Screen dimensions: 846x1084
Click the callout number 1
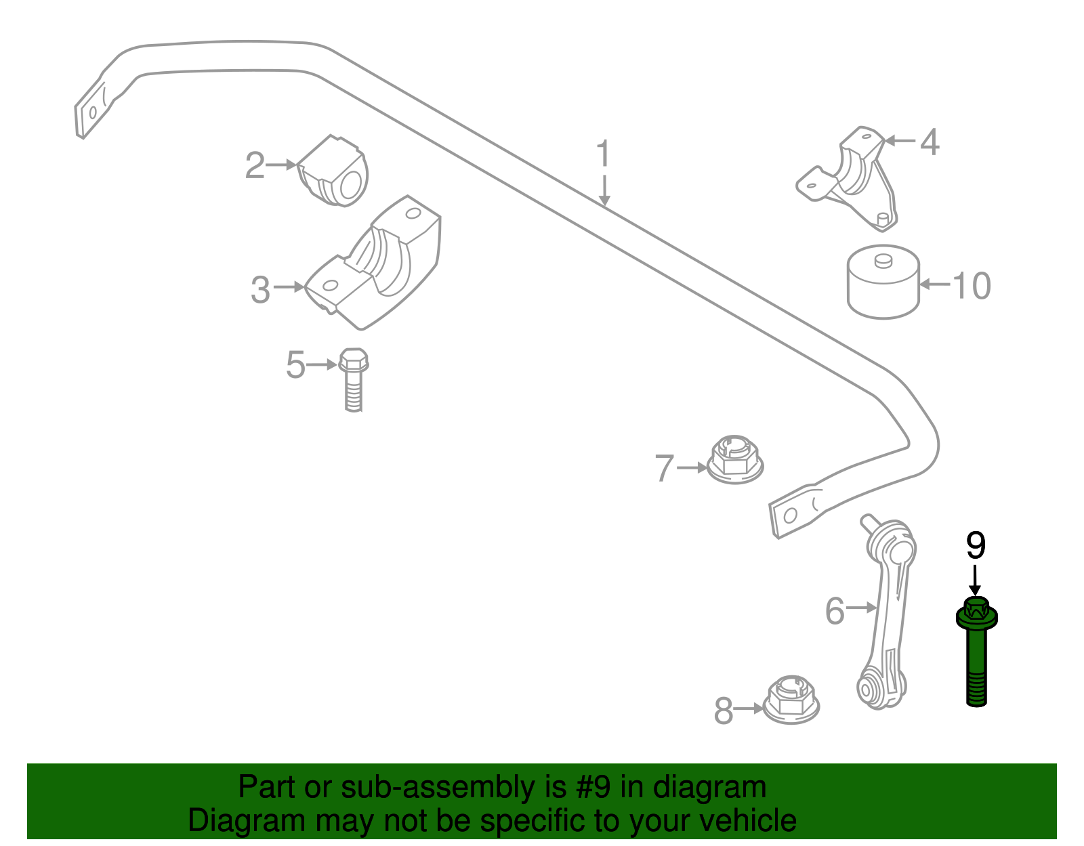[603, 154]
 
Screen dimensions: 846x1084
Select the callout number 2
[255, 166]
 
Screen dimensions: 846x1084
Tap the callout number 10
[972, 286]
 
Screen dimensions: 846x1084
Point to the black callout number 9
[975, 546]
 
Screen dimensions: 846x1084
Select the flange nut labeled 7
[735, 460]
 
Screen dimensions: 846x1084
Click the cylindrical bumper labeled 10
[883, 282]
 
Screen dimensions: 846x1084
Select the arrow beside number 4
[900, 141]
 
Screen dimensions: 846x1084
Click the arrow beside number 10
[934, 284]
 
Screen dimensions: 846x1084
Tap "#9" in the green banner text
[593, 787]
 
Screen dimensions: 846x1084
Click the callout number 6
[835, 611]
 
